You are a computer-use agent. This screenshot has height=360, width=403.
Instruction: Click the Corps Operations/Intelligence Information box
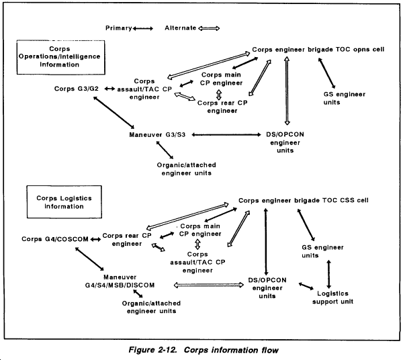point(61,57)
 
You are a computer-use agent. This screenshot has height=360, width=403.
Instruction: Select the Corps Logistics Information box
point(64,202)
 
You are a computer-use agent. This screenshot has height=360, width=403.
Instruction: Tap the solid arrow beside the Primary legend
point(142,28)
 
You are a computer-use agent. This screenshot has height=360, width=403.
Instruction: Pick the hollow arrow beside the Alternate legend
point(209,28)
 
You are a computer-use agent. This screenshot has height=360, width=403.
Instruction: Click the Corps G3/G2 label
point(77,89)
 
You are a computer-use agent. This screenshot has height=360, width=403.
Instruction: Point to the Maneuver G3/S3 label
point(157,134)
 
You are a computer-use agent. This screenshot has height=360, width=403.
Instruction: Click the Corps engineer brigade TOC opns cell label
point(318,49)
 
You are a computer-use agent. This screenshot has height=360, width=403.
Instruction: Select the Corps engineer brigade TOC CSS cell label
point(304,200)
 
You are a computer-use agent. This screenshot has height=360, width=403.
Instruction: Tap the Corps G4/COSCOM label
point(55,239)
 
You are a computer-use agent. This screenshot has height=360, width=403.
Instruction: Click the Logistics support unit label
point(333,298)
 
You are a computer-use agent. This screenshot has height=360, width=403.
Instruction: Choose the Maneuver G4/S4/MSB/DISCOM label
point(120,281)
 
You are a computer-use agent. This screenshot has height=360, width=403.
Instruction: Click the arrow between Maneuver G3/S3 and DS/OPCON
point(226,134)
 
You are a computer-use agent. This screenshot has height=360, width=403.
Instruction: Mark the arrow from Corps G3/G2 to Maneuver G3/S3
point(114,112)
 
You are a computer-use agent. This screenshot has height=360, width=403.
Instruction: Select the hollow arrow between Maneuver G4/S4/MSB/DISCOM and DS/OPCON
point(209,285)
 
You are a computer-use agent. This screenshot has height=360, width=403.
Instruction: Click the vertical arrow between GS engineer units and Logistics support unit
point(328,274)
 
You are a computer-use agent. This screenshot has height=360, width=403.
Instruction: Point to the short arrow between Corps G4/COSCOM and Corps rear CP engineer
point(95,240)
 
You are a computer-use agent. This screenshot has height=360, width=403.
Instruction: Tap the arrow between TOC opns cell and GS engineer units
point(326,73)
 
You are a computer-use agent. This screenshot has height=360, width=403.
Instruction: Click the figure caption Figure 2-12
point(204,350)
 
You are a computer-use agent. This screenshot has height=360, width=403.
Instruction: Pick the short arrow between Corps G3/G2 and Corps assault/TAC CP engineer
point(109,89)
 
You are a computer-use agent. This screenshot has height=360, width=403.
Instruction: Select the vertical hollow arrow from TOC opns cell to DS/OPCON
point(287,91)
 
